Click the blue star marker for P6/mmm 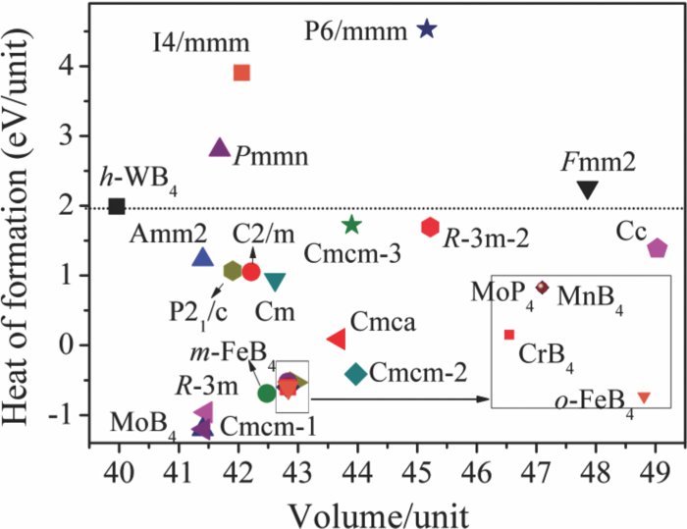pyautogui.click(x=426, y=28)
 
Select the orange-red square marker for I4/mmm pyautogui.click(x=241, y=73)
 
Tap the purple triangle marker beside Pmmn pyautogui.click(x=220, y=148)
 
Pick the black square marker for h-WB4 pyautogui.click(x=117, y=206)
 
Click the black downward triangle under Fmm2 pyautogui.click(x=587, y=190)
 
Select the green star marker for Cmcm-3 pyautogui.click(x=352, y=226)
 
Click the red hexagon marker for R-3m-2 pyautogui.click(x=430, y=228)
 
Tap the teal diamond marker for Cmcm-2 pyautogui.click(x=356, y=373)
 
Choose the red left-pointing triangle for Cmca pyautogui.click(x=336, y=339)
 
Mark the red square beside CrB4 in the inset pyautogui.click(x=509, y=335)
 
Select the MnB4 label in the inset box pyautogui.click(x=587, y=293)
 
